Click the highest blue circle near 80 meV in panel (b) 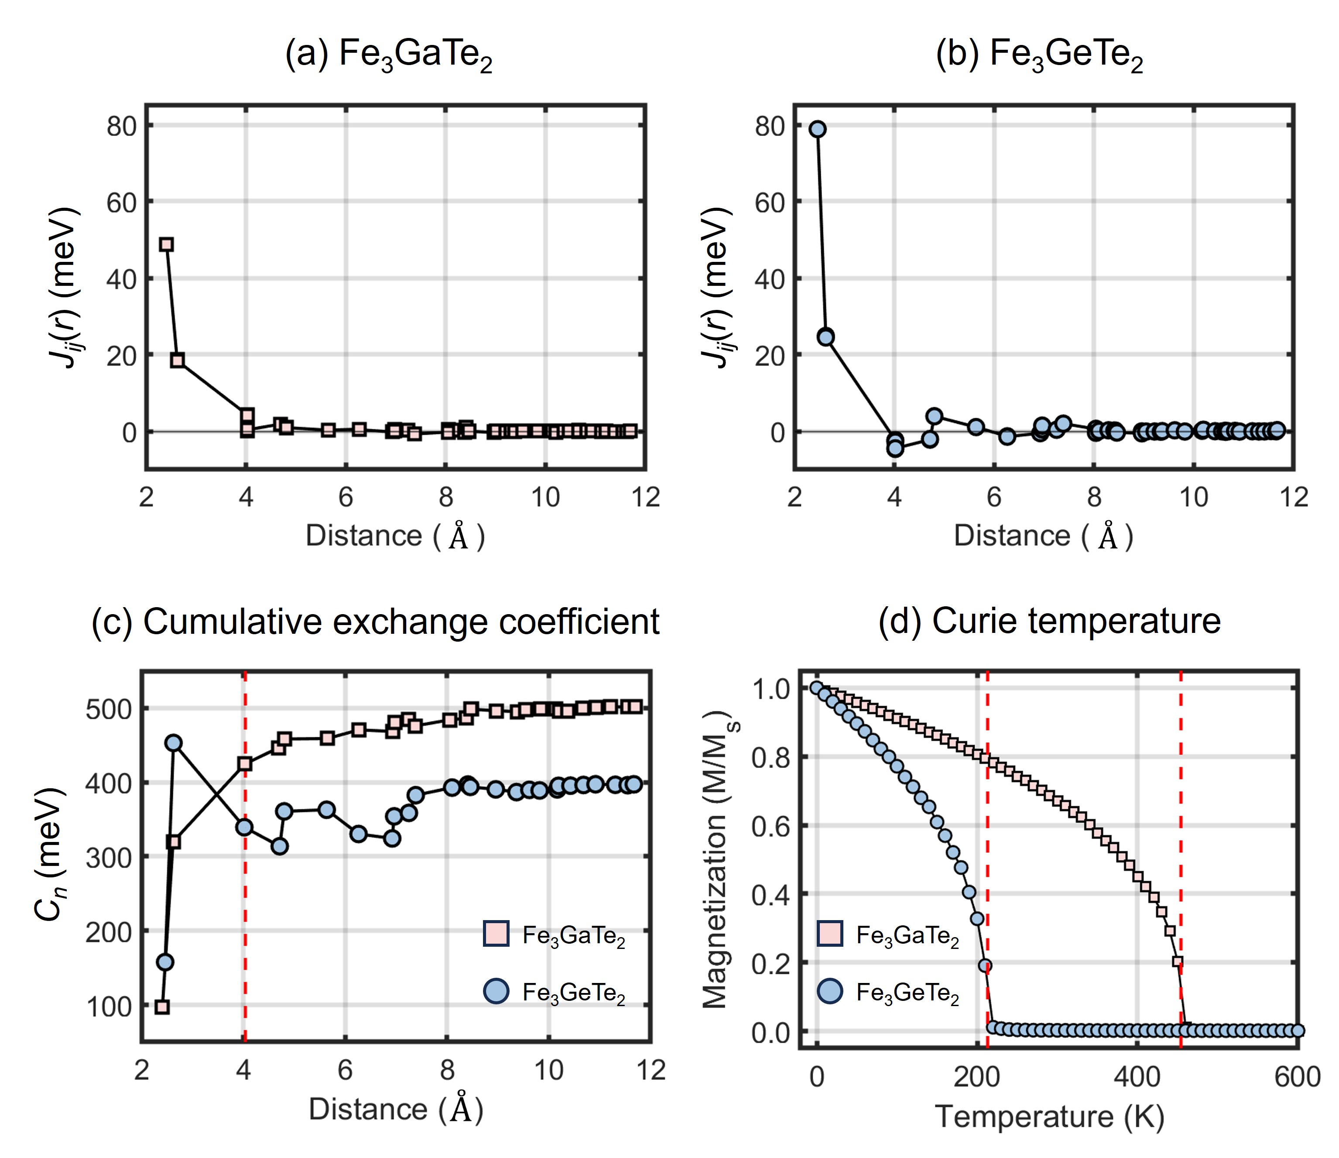point(818,129)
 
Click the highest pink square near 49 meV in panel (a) point(166,244)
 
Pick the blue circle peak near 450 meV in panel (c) point(173,743)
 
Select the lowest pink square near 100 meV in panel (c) point(162,1007)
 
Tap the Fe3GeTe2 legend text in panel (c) point(574,993)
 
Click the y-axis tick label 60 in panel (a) point(121,203)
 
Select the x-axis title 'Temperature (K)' point(1049,1117)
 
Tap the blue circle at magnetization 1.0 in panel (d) point(817,687)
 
